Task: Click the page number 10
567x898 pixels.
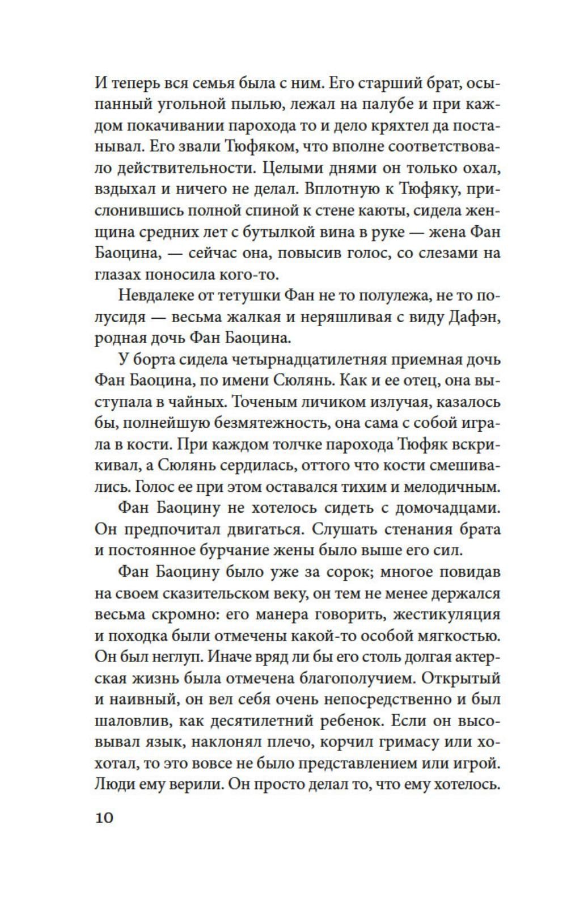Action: coord(105,817)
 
